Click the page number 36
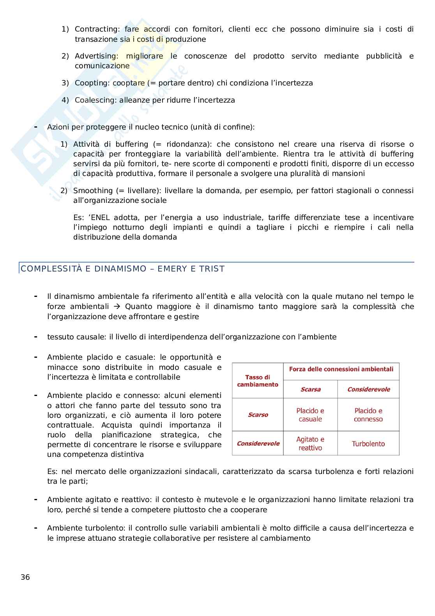pyautogui.click(x=25, y=577)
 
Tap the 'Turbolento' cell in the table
pyautogui.click(x=368, y=444)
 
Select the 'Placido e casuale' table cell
pyautogui.click(x=310, y=415)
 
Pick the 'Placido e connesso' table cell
pyautogui.click(x=368, y=415)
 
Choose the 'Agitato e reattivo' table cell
pyautogui.click(x=310, y=444)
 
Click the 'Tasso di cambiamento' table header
pyautogui.click(x=258, y=381)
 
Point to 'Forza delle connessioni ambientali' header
pyautogui.click(x=341, y=369)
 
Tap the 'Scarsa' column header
pyautogui.click(x=310, y=389)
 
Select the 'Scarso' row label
pyautogui.click(x=258, y=415)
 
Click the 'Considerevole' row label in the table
pyautogui.click(x=258, y=444)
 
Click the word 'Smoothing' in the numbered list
pyautogui.click(x=93, y=191)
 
